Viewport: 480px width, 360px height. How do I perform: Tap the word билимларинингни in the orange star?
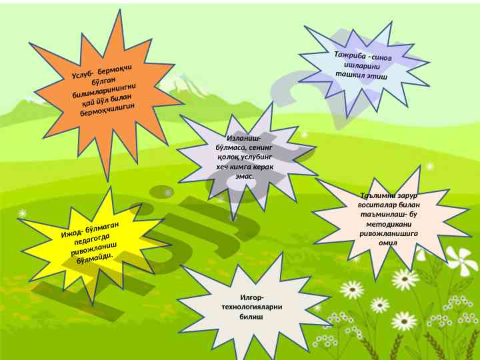105,90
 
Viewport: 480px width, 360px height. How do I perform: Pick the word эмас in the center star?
244,176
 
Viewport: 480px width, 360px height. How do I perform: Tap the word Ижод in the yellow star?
71,234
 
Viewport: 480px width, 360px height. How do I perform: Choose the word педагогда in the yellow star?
92,240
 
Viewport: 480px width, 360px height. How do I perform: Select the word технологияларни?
251,307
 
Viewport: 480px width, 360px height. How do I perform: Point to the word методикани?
389,225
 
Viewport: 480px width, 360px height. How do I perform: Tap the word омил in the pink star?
388,243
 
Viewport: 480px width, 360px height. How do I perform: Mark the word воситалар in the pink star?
375,205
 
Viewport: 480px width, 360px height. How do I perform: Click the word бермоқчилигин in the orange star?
107,109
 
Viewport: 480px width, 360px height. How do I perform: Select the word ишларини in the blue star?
362,65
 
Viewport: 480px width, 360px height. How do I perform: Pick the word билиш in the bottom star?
251,317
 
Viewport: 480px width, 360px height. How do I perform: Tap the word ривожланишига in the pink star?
389,234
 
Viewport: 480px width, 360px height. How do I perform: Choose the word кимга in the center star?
245,167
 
